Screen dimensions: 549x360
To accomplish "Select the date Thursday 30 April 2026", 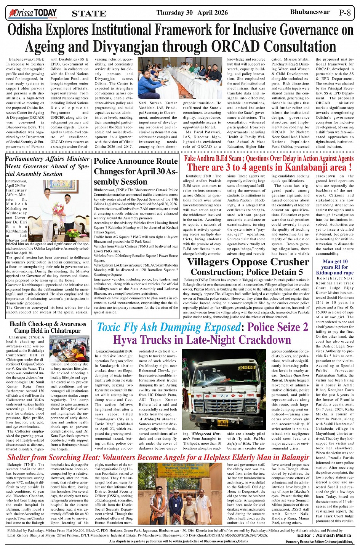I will [192, 13].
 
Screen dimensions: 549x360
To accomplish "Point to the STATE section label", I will [89, 14].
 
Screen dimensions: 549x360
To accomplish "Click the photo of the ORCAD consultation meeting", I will [180, 78].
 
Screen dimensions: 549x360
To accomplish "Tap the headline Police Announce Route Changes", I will [136, 171].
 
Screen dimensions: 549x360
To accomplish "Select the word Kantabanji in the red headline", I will [285, 167].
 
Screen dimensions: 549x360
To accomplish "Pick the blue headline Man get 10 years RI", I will [335, 267].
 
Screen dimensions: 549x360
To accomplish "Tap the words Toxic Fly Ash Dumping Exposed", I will [169, 327].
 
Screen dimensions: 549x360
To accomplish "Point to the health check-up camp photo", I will [69, 348].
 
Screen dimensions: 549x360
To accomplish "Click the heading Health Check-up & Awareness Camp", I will [48, 327].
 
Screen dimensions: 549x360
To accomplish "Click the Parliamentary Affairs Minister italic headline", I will [48, 166].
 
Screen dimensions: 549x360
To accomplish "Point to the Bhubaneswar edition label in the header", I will [310, 12].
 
